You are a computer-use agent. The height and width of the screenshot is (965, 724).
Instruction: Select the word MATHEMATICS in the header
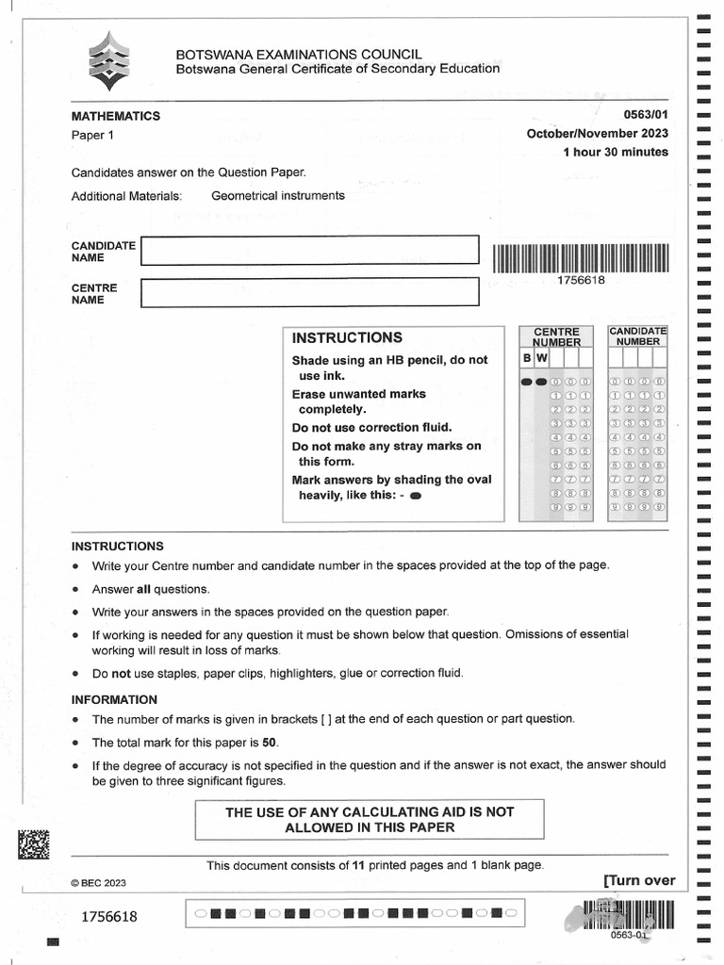click(116, 116)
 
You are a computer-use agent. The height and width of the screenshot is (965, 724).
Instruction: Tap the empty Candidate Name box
click(309, 250)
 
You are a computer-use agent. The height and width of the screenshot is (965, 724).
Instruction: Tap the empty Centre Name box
click(309, 292)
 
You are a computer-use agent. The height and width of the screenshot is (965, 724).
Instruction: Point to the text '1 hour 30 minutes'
click(615, 152)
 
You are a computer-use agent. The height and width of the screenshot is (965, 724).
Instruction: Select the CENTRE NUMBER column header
click(557, 337)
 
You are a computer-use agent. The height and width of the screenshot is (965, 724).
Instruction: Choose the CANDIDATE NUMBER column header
click(638, 336)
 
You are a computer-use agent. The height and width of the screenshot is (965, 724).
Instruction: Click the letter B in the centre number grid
click(527, 359)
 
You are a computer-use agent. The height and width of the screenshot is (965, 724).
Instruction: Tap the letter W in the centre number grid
click(542, 359)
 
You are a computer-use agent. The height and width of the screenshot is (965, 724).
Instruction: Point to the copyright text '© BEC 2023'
click(99, 883)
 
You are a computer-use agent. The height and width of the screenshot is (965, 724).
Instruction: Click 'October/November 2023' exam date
click(597, 134)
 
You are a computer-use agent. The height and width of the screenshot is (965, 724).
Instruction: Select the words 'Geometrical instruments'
click(278, 196)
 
